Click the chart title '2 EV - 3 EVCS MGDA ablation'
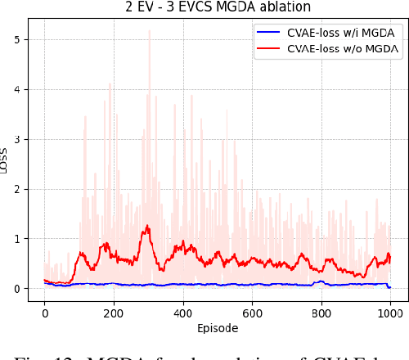pyautogui.click(x=218, y=7)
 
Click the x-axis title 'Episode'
pyautogui.click(x=218, y=328)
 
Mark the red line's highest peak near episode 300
pyautogui.click(x=147, y=226)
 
